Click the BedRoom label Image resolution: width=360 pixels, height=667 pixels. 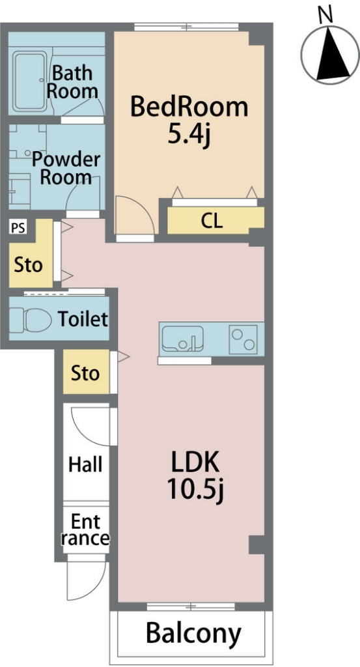tap(189, 107)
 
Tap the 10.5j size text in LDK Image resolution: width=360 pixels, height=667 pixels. tap(195, 490)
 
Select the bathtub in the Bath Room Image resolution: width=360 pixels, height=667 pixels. tap(29, 81)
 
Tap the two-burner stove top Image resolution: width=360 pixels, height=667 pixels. tap(243, 339)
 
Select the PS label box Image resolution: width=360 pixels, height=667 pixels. tap(18, 228)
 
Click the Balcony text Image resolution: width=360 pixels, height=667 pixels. tap(193, 633)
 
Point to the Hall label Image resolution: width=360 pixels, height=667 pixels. tap(85, 464)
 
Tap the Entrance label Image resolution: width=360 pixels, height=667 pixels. tap(85, 530)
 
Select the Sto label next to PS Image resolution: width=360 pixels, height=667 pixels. tap(29, 265)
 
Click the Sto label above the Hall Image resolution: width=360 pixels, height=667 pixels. tap(85, 373)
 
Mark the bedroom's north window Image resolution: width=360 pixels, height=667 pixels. tap(186, 27)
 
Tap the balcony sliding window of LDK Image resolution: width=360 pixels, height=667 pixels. tap(191, 606)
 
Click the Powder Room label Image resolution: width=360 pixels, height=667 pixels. tap(66, 168)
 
